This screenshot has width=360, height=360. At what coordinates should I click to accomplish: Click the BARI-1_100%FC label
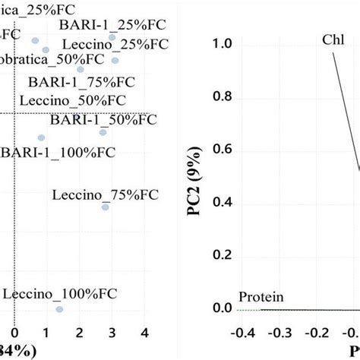point(58,151)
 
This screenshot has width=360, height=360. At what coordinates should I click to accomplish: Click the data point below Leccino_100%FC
point(59,309)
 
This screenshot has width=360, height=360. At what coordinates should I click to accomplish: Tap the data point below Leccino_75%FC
point(106,207)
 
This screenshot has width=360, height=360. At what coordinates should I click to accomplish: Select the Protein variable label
point(261,297)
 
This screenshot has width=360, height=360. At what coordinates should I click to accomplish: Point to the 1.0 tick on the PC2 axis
point(223,45)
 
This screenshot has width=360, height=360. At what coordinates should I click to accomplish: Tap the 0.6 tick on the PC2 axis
point(223,150)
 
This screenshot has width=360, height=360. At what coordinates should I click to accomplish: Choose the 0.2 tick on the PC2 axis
point(223,255)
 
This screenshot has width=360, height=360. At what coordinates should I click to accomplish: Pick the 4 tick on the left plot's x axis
point(144,333)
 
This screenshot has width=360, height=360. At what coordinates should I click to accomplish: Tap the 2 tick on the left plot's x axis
point(78,333)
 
